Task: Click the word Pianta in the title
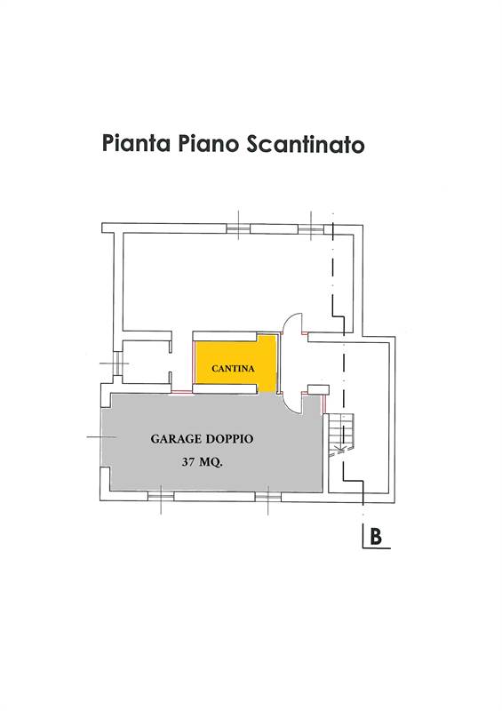point(136,143)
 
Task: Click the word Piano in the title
point(208,143)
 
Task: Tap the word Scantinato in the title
point(306,144)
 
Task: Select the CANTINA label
point(233,368)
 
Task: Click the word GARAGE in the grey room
point(176,439)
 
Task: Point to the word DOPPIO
point(229,439)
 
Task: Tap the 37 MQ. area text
point(202,462)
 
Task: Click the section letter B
point(376,537)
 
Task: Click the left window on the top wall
point(238,228)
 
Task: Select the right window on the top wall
point(311,228)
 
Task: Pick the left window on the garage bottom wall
point(161,497)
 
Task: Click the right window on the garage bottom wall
point(268,497)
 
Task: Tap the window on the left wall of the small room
point(117,363)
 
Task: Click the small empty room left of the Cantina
point(146,363)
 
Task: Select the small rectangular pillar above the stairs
point(318,389)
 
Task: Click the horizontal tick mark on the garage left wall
point(101,437)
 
